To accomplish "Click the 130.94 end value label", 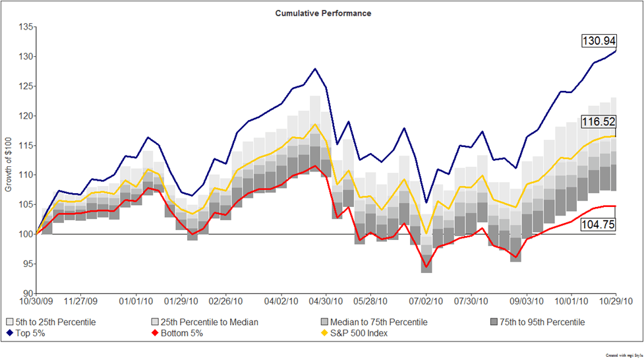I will click(x=598, y=41).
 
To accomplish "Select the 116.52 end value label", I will click(x=598, y=121).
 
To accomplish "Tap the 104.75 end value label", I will click(x=598, y=224).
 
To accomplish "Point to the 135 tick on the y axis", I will click(x=27, y=27).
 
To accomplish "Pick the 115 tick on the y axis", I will click(x=27, y=146).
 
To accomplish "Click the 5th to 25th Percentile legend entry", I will click(x=51, y=322).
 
